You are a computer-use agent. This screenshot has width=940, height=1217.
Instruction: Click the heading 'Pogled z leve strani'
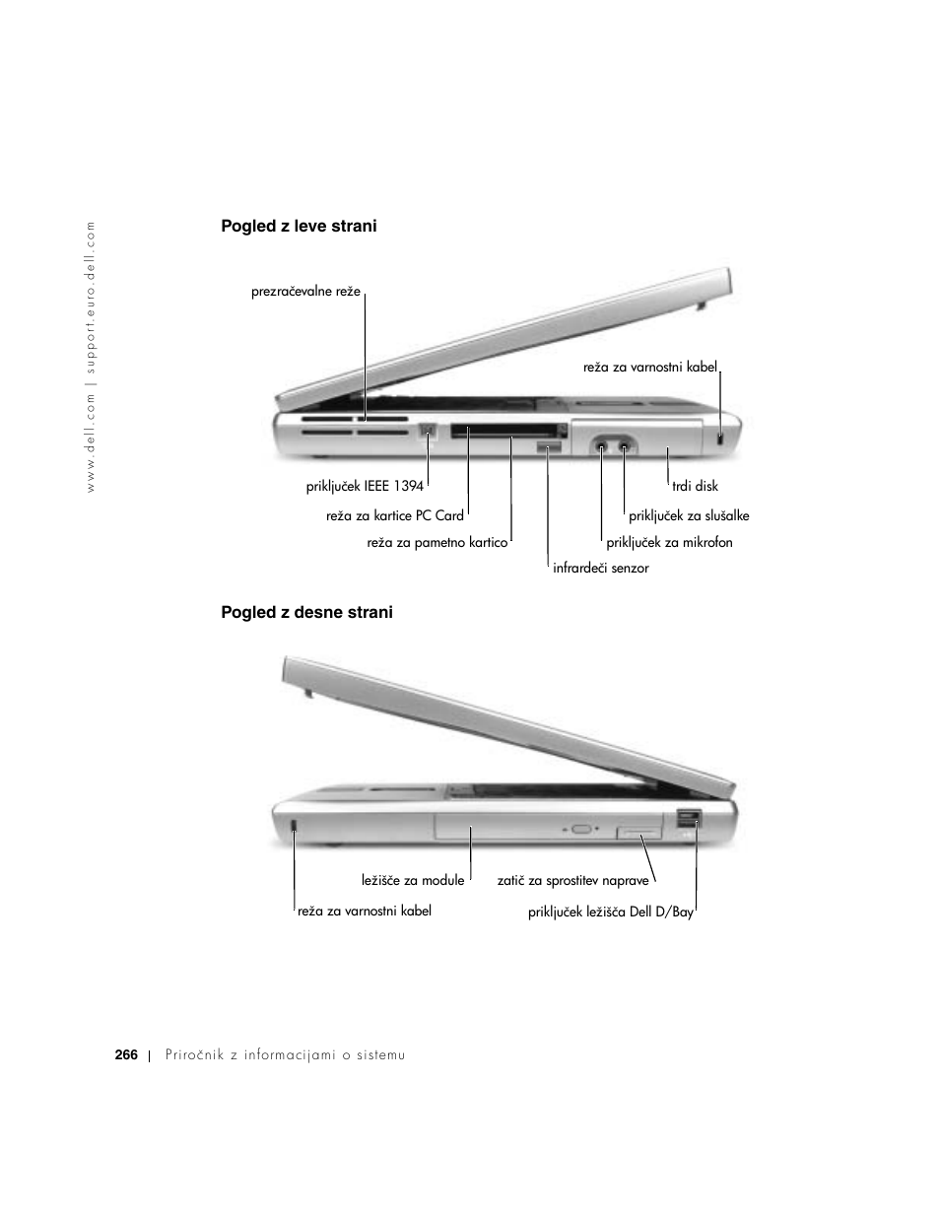[299, 227]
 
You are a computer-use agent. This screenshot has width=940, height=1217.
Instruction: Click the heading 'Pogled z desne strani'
[306, 613]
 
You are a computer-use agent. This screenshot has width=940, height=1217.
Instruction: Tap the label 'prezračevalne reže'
[305, 292]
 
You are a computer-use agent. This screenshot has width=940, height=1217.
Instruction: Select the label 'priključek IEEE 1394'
[365, 486]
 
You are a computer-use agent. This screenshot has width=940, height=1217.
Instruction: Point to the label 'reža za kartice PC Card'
[394, 515]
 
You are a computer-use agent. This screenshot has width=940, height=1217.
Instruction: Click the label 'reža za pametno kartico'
[436, 542]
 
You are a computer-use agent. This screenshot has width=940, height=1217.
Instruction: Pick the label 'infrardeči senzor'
[600, 569]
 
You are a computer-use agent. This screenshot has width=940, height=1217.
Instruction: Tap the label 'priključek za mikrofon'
[669, 542]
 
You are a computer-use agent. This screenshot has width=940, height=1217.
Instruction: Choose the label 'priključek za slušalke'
[689, 515]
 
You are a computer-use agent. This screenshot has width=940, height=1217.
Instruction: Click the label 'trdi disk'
[695, 486]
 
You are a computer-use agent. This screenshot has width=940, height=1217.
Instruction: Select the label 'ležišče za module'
[413, 880]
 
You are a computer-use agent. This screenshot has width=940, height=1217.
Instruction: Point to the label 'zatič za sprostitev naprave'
[572, 880]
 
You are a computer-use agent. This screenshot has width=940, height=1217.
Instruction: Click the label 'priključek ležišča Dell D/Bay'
[610, 913]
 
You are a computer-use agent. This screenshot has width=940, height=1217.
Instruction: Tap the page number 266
[125, 1055]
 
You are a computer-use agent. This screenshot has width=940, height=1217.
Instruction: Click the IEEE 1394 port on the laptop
[429, 431]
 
